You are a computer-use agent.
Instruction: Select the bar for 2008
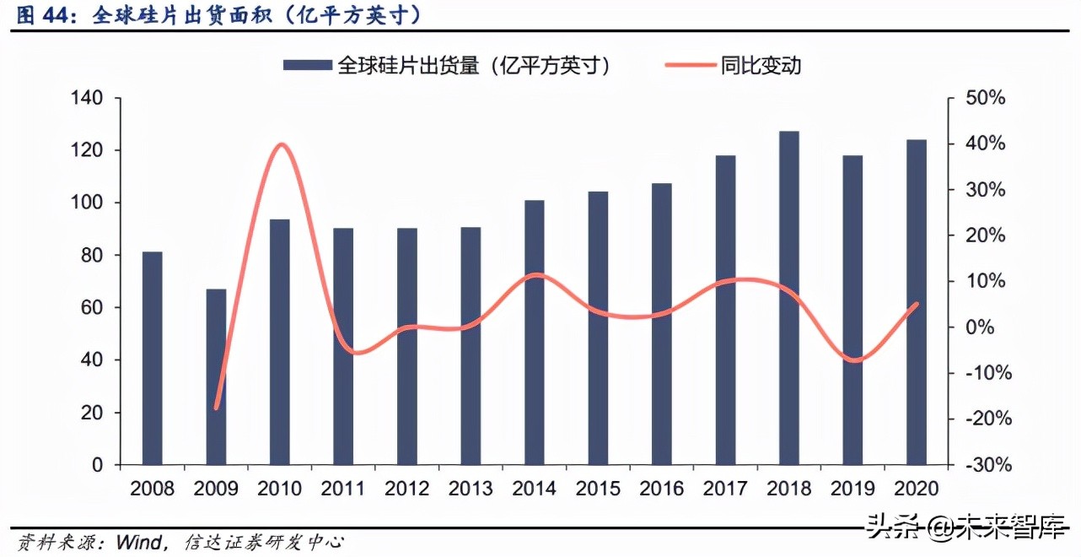152,358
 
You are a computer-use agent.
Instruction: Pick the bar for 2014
535,333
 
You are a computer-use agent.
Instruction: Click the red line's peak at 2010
281,144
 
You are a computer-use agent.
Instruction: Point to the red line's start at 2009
217,408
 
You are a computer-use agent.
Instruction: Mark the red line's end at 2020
917,304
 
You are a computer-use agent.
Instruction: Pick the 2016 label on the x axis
662,489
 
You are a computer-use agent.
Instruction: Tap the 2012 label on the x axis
407,489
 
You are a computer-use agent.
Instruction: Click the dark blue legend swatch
308,65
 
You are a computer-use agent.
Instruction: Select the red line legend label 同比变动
761,65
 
